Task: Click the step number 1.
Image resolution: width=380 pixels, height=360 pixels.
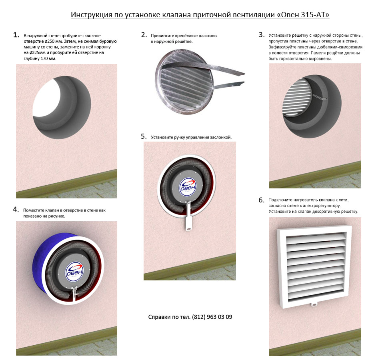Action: (x=16, y=35)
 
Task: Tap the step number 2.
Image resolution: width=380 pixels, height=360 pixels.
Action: (x=144, y=35)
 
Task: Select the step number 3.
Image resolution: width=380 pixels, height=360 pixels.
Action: (x=262, y=35)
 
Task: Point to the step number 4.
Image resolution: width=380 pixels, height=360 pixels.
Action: (x=16, y=210)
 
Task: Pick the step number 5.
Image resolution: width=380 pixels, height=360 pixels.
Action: (x=144, y=136)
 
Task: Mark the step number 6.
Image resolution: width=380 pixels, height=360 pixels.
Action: (x=262, y=200)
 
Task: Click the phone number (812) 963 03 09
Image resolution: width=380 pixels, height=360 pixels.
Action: (x=212, y=317)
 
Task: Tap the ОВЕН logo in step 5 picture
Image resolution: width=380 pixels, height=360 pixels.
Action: (x=188, y=187)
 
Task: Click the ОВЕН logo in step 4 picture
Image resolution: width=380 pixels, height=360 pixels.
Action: (x=74, y=271)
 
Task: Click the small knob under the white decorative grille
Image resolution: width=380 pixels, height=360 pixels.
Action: (x=314, y=304)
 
